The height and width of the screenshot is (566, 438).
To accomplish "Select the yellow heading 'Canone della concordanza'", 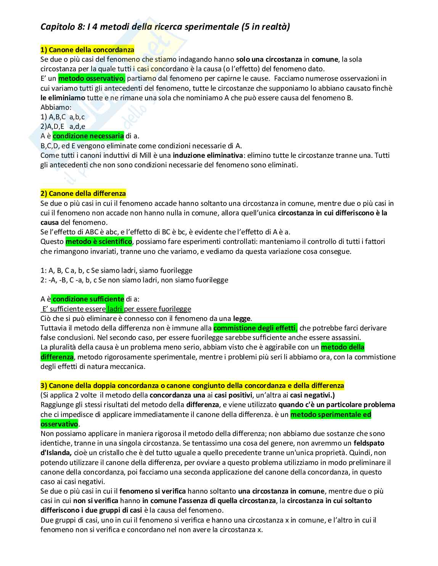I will click(x=87, y=50).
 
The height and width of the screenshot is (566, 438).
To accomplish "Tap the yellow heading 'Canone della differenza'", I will click(x=83, y=193).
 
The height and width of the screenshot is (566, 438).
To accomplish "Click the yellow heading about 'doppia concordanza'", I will click(x=192, y=385).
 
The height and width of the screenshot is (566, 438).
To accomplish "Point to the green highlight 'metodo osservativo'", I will click(x=91, y=79).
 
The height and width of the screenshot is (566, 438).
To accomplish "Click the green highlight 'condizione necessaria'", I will click(x=88, y=136).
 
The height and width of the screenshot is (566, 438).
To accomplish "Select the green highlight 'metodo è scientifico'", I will click(x=98, y=241).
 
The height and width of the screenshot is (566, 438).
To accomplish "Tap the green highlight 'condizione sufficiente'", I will click(x=88, y=299).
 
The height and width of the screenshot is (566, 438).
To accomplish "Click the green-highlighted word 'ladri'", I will click(x=115, y=309).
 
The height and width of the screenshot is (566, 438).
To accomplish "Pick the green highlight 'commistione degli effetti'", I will click(x=255, y=328).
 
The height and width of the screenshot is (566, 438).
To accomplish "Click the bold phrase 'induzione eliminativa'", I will click(x=208, y=155).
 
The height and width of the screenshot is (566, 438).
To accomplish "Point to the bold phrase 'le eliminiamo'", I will click(x=63, y=98).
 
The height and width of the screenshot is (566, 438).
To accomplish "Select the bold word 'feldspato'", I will click(x=369, y=443).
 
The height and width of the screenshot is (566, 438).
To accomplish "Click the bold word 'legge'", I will click(x=242, y=318).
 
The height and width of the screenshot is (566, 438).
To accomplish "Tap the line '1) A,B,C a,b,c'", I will click(x=63, y=117).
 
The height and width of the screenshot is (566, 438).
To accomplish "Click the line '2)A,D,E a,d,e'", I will click(x=63, y=127).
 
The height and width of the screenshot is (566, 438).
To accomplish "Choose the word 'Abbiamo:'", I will click(x=56, y=107).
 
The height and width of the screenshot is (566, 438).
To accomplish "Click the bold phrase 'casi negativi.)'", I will click(x=312, y=395).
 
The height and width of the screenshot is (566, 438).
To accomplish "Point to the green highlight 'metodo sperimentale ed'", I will click(x=331, y=414).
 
